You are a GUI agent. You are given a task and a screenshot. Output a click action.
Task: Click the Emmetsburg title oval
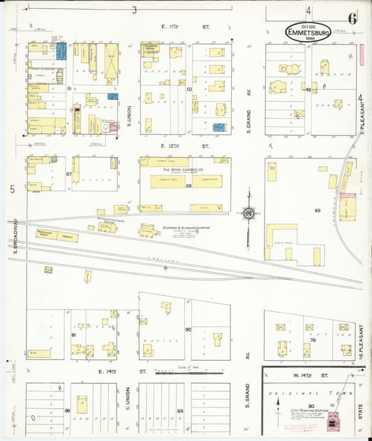pos(308,31)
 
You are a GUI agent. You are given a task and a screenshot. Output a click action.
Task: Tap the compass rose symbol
pos(248,214)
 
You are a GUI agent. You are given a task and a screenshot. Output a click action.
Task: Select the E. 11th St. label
pos(176,26)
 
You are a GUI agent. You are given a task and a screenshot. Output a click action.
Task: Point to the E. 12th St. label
pos(176,146)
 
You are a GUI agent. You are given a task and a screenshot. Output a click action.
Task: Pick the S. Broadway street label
pos(15,237)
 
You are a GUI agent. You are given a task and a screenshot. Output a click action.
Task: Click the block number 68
pos(188,186)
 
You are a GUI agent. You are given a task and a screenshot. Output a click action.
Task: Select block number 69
pos(317,210)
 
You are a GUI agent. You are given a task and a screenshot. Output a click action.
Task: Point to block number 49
pos(308,89)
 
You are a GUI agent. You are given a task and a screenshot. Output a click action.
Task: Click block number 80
pos(188,329)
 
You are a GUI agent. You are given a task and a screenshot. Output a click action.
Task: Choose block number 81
pos(73,335)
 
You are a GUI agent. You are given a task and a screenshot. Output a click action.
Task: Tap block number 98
pos(68,411)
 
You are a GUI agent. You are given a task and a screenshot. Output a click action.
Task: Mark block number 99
pos(179,411)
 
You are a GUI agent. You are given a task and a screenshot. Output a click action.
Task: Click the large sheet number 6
pos(352,19)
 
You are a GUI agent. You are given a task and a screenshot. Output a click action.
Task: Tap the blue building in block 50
pos(218,128)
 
